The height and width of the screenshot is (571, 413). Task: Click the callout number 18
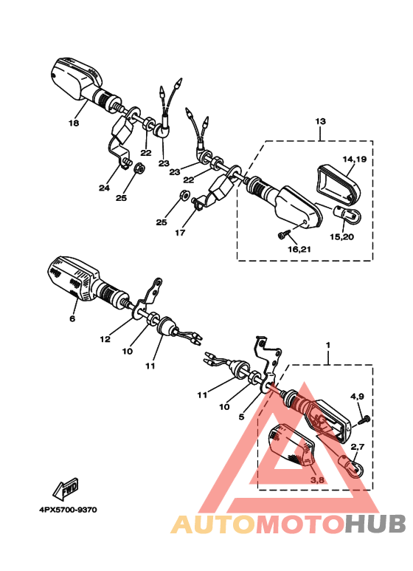click(x=74, y=123)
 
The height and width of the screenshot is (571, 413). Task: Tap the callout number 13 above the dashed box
click(x=320, y=121)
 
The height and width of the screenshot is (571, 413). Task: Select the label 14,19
click(x=355, y=159)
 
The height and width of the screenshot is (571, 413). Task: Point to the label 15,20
click(x=341, y=236)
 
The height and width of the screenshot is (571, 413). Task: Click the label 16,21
click(x=299, y=249)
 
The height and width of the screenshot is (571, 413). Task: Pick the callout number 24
click(x=104, y=188)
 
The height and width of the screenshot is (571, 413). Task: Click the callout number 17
click(x=180, y=233)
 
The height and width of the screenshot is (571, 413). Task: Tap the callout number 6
click(x=72, y=318)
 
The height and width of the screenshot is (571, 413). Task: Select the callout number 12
click(x=105, y=339)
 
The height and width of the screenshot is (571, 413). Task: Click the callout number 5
click(x=241, y=417)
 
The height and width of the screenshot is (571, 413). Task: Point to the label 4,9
click(x=357, y=396)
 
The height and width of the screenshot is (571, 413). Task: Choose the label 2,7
click(x=357, y=446)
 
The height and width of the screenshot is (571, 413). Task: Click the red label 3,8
click(x=317, y=479)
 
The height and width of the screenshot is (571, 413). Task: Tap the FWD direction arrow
click(x=66, y=489)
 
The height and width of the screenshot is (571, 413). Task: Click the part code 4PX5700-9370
click(x=68, y=510)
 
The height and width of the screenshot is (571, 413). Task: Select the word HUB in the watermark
click(x=375, y=524)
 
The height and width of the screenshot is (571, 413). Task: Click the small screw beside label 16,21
click(x=285, y=233)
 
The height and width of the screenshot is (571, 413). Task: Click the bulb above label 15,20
click(x=347, y=214)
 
